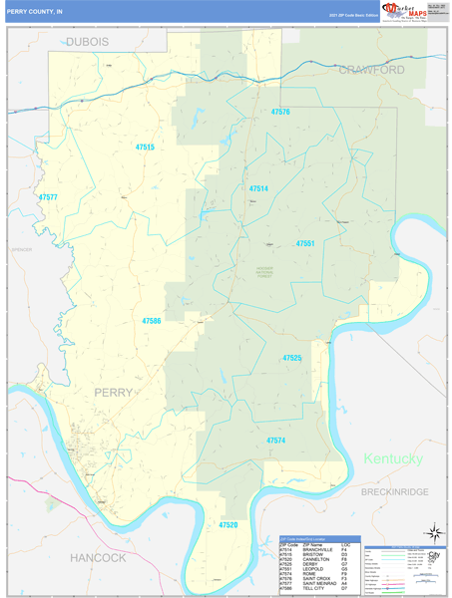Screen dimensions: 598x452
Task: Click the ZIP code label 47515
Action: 145,148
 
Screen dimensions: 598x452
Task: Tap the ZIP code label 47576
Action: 280,113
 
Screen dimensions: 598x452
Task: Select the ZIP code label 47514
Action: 258,188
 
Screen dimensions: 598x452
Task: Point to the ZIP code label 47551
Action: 305,244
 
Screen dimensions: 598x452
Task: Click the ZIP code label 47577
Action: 48,197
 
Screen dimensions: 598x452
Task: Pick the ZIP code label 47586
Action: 152,321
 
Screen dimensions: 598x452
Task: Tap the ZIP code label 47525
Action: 292,358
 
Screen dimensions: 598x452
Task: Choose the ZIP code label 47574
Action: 276,440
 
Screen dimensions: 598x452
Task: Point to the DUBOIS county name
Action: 89,42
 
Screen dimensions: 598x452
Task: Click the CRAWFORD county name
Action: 371,70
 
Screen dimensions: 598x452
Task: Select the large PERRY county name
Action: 113,393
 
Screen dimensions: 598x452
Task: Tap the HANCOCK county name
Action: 98,557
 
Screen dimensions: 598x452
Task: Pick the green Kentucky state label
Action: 392,458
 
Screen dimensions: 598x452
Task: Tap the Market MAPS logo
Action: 396,12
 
